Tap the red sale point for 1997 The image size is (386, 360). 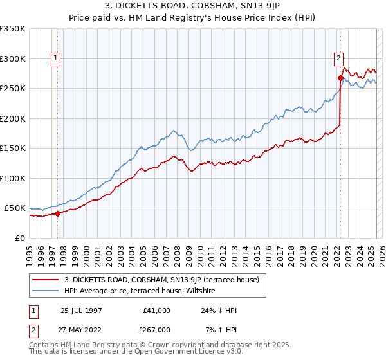point(57,213)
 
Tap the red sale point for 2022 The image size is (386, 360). point(340,78)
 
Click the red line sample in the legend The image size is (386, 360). point(45,280)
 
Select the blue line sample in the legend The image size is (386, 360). point(45,291)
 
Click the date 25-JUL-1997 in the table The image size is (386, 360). point(81,310)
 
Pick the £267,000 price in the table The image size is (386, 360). point(156,329)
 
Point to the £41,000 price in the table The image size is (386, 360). point(157,310)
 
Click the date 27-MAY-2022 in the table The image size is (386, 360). point(81,329)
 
